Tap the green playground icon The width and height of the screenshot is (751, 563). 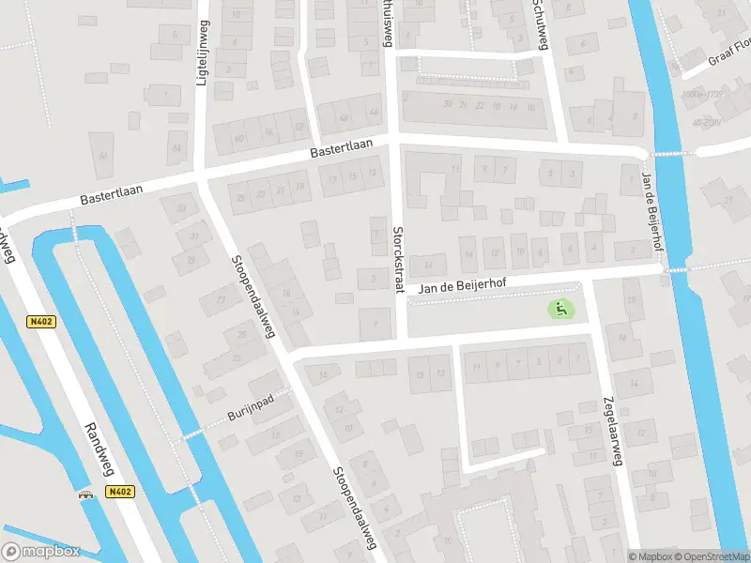(x=561, y=308)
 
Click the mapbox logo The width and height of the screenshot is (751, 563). (x=41, y=552)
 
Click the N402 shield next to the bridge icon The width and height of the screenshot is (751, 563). (x=119, y=493)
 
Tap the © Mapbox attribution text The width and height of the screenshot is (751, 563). (x=650, y=556)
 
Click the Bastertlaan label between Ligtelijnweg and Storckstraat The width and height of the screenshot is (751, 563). (x=342, y=150)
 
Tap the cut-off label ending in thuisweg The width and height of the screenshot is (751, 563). (x=384, y=21)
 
